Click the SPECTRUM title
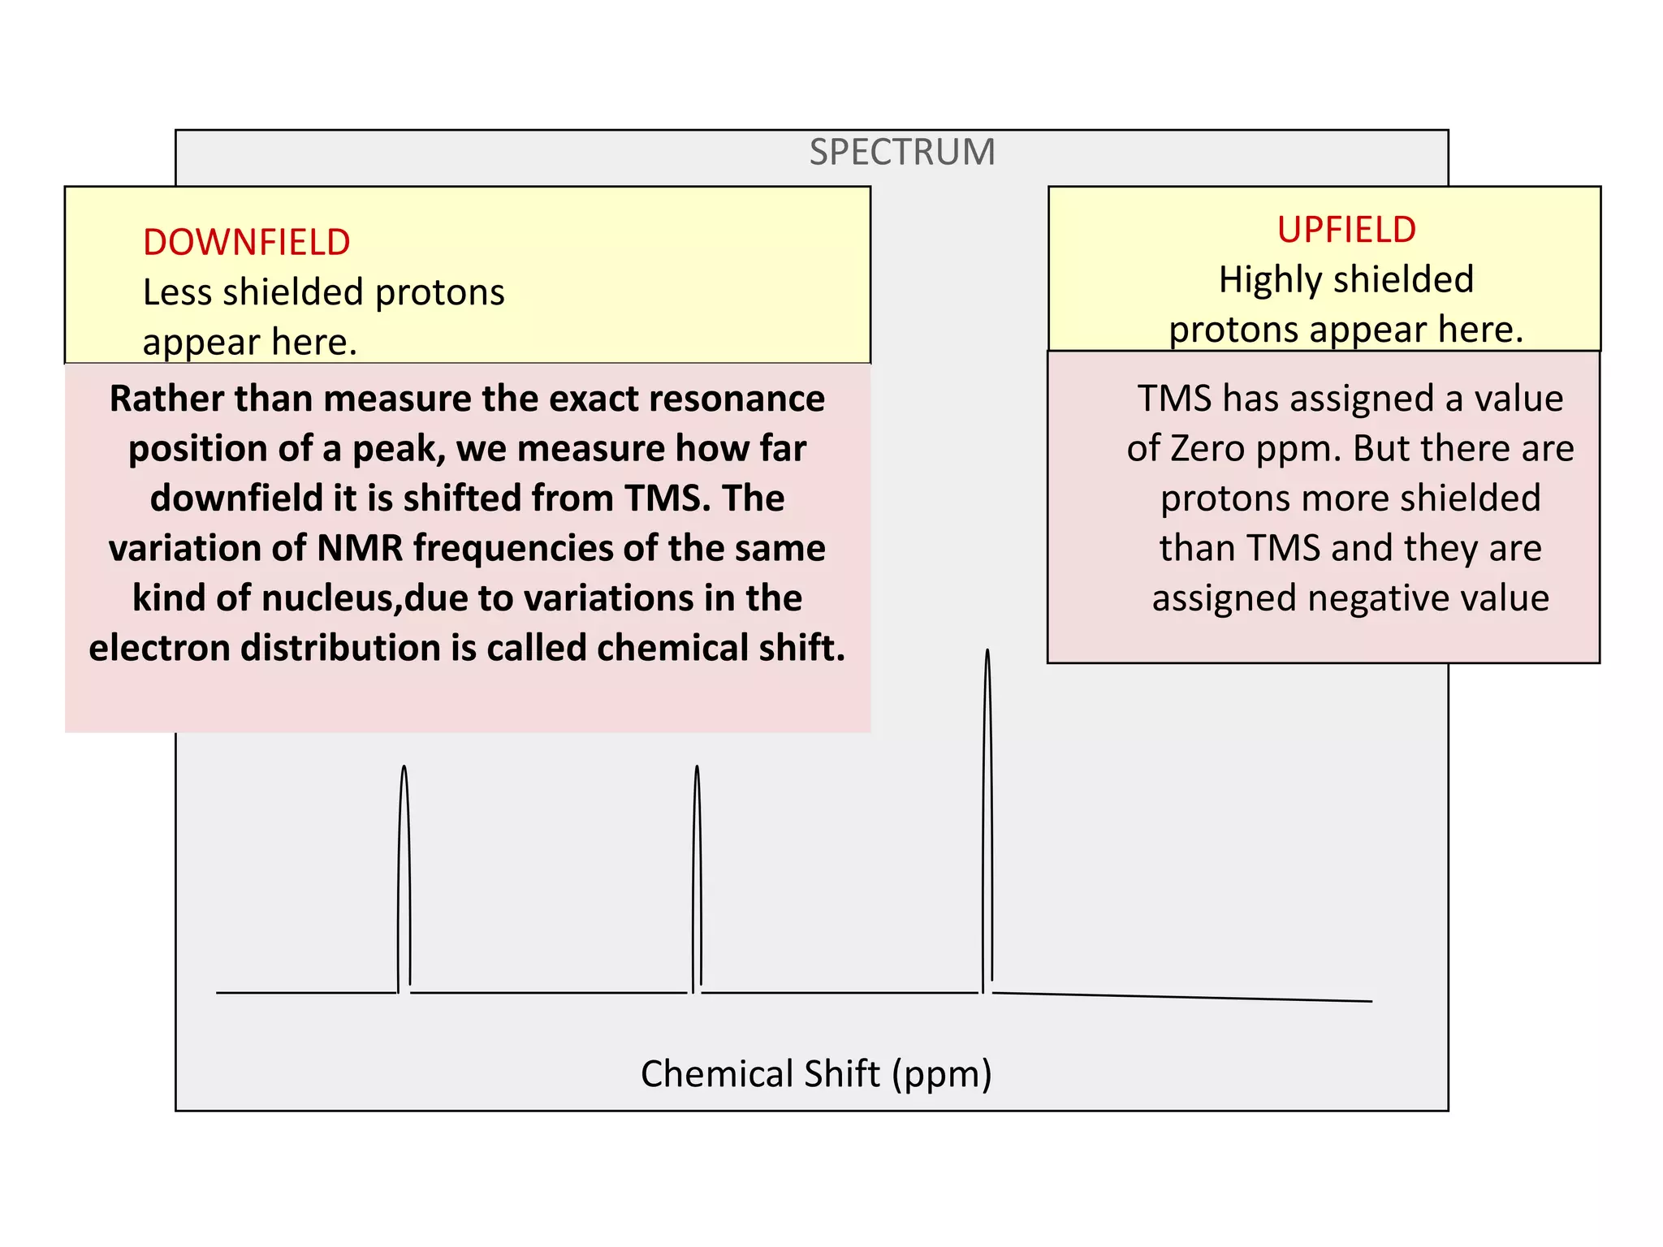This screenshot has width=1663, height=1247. (901, 153)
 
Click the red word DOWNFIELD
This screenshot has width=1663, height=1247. (246, 243)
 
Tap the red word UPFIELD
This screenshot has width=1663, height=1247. (1346, 230)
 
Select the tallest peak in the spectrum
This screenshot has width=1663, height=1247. (987, 812)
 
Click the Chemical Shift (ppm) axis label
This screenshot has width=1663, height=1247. (816, 1073)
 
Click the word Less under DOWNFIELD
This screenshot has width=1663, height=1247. (177, 293)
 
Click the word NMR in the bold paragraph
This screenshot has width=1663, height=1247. (360, 549)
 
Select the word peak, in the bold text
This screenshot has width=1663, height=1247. (399, 449)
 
